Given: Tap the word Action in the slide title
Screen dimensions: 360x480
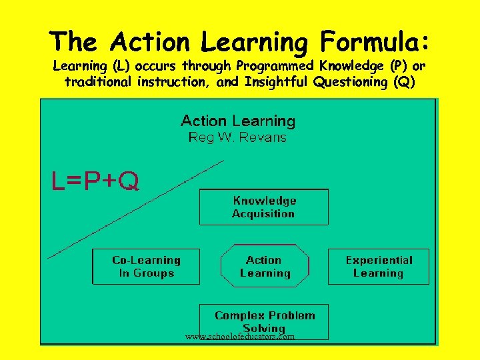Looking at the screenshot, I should (151, 42).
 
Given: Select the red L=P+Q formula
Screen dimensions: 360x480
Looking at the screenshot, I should (96, 181).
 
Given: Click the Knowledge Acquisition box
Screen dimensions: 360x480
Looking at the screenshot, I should (264, 207).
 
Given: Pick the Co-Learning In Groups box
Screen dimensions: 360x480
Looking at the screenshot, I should (146, 267).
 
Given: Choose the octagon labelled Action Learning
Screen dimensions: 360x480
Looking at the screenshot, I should (265, 267).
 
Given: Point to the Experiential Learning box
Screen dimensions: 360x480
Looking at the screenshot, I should (379, 267).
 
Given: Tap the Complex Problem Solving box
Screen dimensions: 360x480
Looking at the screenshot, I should (265, 321).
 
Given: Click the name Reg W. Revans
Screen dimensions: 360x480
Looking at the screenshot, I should (237, 138).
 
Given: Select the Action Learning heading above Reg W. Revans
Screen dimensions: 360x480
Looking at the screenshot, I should (238, 121).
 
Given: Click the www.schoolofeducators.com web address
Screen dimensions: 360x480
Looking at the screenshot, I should (240, 337).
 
